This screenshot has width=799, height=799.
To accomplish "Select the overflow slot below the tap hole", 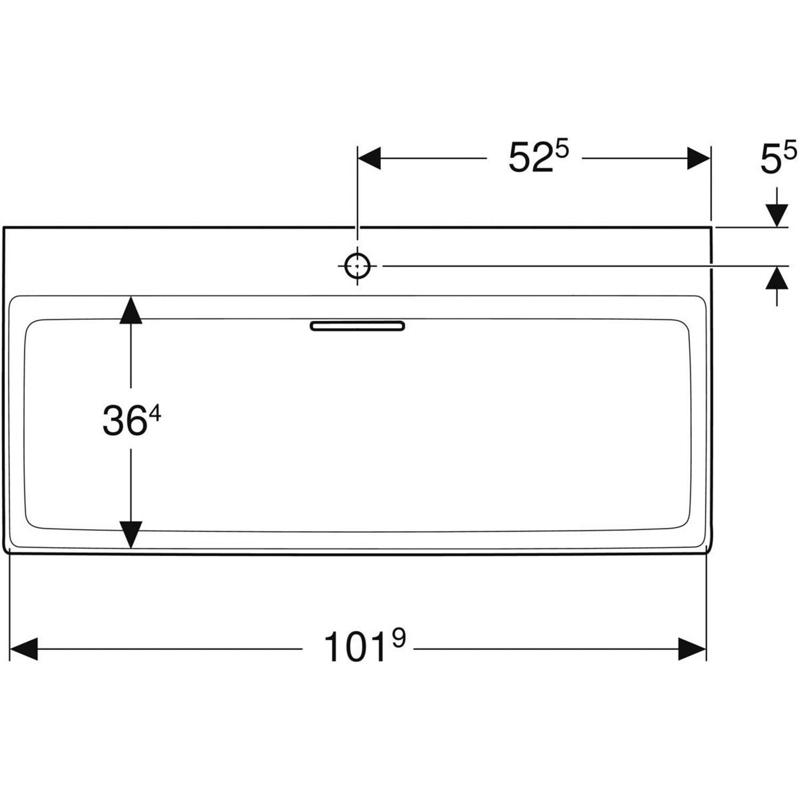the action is point(357,326).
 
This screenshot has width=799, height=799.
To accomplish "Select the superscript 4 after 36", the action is point(155,413).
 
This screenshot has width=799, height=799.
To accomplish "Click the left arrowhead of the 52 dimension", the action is point(369,158).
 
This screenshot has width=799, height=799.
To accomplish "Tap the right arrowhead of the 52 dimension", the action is point(698,158).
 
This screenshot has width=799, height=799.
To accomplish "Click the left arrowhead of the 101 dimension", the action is point(23,649).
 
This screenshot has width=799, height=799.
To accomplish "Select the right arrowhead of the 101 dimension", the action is point(692,649).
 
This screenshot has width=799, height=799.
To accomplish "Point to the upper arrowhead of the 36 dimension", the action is point(131,310).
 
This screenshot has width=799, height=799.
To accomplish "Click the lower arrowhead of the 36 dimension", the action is point(131,534).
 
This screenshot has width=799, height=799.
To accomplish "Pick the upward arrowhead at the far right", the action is point(777,278).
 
